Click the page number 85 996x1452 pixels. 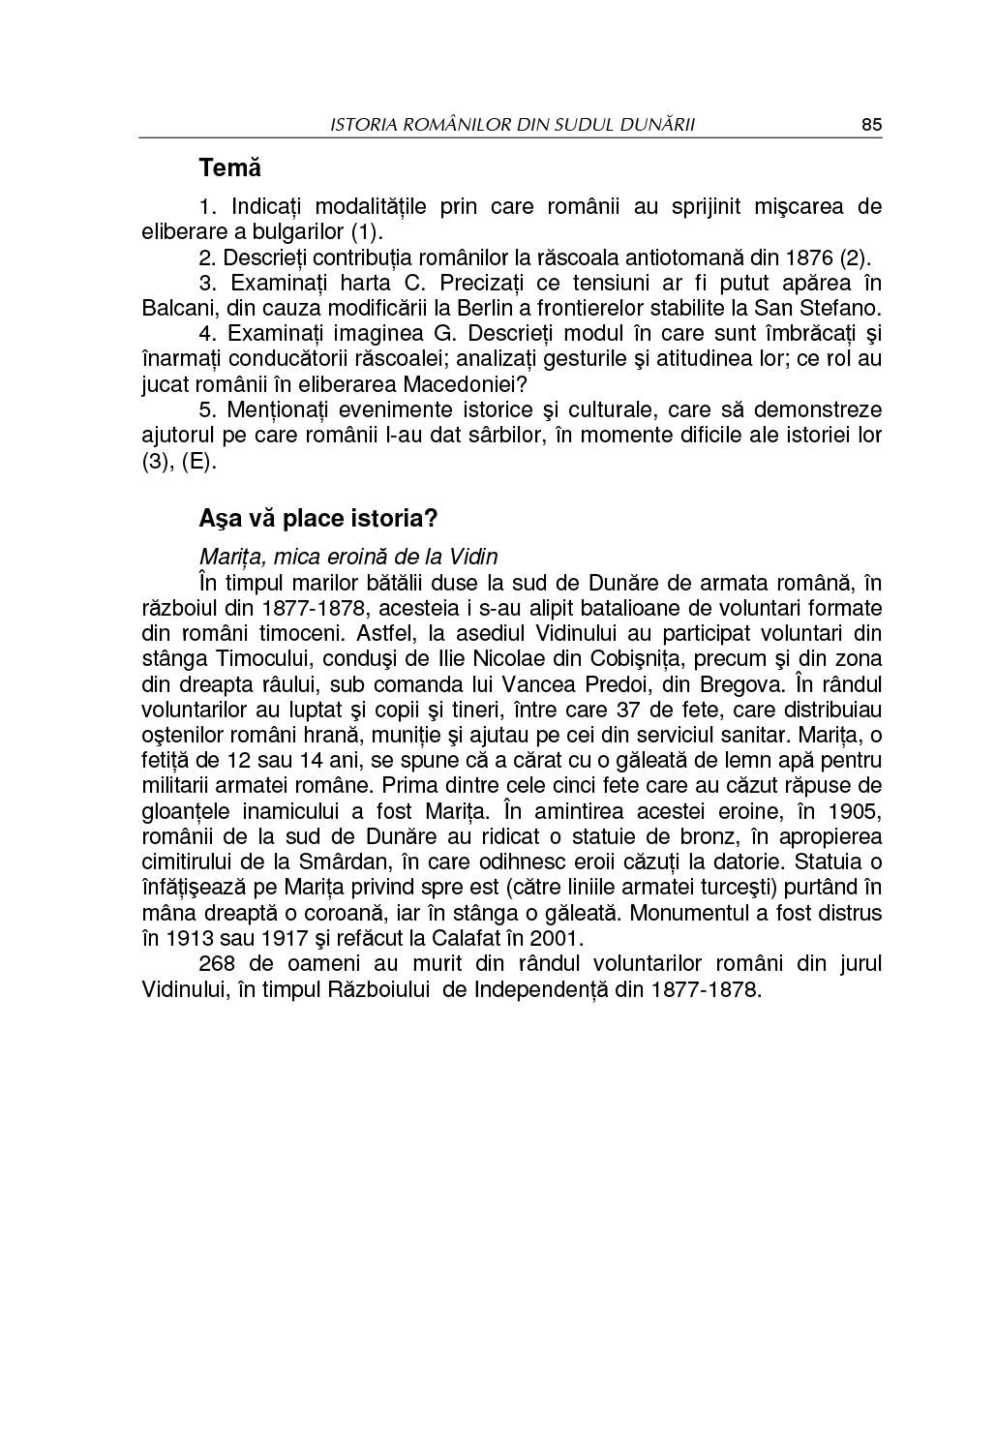click(871, 125)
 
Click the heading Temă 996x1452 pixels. click(230, 167)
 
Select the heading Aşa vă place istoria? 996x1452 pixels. click(318, 518)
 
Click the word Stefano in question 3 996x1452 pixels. click(844, 309)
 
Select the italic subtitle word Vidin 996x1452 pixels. click(473, 557)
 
